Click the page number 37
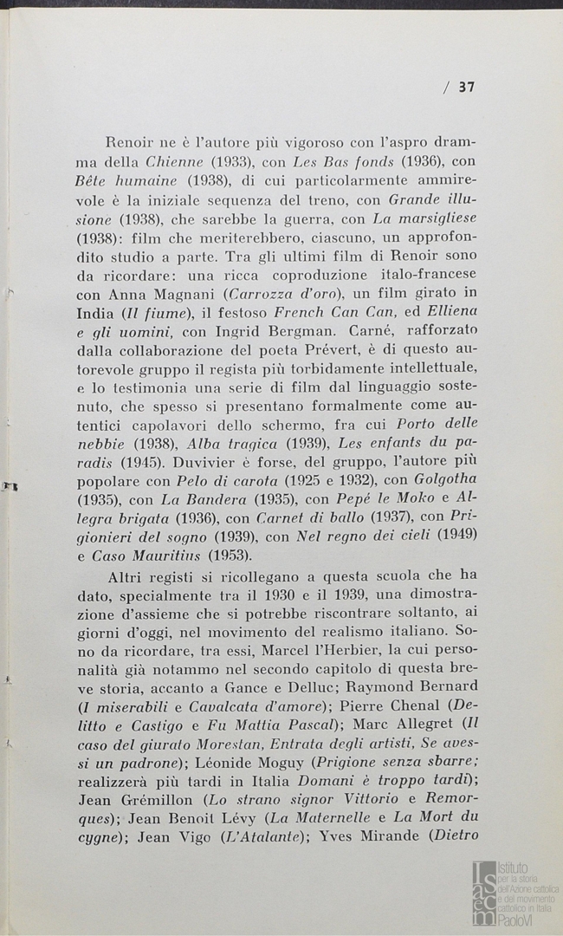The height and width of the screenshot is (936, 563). [x=467, y=87]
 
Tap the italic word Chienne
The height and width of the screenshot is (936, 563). [x=176, y=161]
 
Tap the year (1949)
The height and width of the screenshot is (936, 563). [x=457, y=536]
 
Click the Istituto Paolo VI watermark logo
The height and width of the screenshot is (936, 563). [x=514, y=892]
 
